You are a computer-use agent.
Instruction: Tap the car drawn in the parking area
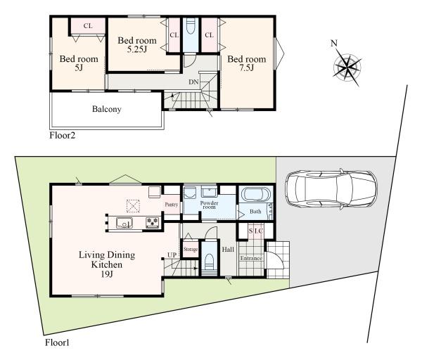click(x=331, y=189)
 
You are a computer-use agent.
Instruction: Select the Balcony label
click(x=107, y=109)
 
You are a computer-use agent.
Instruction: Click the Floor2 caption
click(x=62, y=135)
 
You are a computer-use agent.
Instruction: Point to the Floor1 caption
click(x=57, y=342)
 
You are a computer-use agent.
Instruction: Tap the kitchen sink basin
click(x=124, y=223)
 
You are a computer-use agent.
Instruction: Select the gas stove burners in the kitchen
click(x=153, y=222)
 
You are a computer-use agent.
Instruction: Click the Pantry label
click(x=172, y=205)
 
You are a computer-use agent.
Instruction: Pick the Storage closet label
click(x=191, y=250)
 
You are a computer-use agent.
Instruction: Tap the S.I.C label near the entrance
click(x=255, y=231)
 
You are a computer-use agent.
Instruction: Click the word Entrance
click(x=251, y=258)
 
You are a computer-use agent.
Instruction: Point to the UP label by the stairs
click(x=172, y=255)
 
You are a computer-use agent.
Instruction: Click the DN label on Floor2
click(x=193, y=82)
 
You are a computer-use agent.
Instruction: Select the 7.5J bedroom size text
click(x=247, y=67)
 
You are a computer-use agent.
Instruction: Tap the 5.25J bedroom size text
click(x=137, y=49)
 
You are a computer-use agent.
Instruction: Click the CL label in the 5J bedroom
click(x=88, y=26)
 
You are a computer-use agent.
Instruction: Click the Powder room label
click(x=209, y=205)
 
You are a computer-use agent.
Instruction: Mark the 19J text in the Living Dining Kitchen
click(x=107, y=274)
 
